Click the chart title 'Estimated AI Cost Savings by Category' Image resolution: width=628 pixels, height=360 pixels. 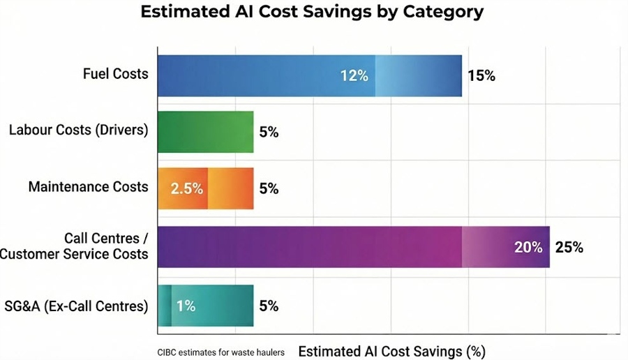[312, 13]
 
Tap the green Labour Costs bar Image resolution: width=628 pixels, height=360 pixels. [205, 132]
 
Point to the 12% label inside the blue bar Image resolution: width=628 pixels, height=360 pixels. [354, 76]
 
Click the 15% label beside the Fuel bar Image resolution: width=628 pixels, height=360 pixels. [481, 76]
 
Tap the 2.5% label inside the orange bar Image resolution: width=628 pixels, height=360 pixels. [186, 188]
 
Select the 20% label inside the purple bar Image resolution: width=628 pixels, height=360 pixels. [528, 247]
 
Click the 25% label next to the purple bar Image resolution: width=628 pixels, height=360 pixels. [569, 247]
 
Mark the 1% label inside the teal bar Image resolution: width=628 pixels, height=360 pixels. [186, 306]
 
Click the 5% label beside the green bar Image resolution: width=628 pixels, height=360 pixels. [269, 132]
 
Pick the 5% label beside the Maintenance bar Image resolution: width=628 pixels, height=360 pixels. [269, 188]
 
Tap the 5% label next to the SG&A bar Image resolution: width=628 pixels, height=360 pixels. [269, 306]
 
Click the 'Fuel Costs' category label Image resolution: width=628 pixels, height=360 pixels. [116, 73]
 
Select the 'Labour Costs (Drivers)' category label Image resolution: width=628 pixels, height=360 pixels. [78, 130]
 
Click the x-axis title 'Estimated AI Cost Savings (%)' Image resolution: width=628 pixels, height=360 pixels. [391, 351]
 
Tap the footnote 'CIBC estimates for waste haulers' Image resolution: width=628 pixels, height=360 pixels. [221, 352]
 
